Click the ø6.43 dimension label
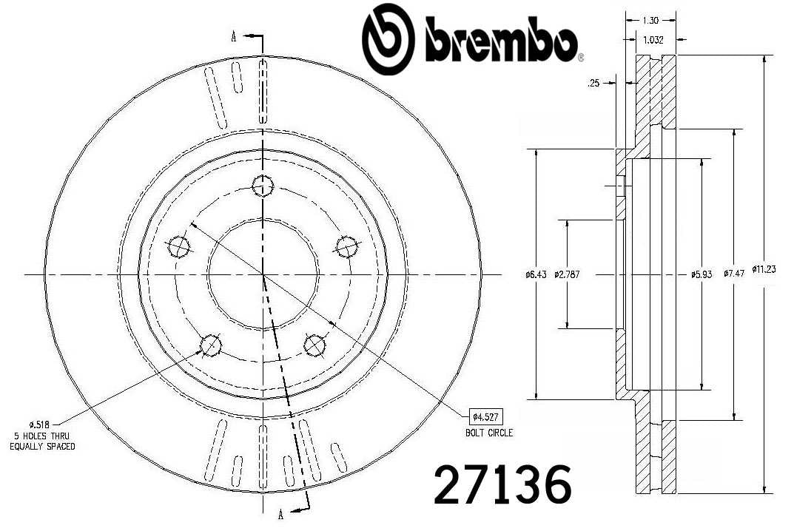[x=535, y=274]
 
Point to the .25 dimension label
[x=593, y=84]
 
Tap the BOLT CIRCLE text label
[x=489, y=433]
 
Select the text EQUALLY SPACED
[x=42, y=447]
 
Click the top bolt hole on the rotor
[x=262, y=186]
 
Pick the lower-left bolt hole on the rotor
[x=211, y=344]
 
